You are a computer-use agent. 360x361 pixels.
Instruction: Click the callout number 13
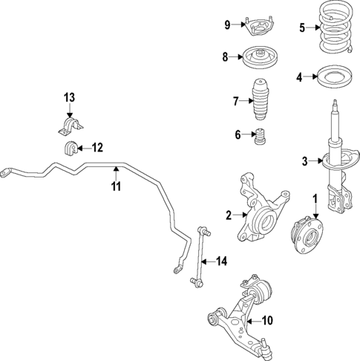click(x=69, y=98)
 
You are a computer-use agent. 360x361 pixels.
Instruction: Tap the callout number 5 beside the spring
click(x=302, y=28)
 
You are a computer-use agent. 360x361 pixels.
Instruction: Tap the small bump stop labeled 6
click(x=261, y=138)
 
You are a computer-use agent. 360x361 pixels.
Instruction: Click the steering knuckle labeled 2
click(x=261, y=211)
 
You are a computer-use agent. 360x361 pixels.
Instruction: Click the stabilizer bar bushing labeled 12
click(x=70, y=146)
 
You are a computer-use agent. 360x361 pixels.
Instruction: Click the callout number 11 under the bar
click(x=116, y=186)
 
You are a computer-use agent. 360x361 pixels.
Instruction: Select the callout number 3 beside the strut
click(x=304, y=161)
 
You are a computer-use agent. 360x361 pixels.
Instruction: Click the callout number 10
click(x=267, y=321)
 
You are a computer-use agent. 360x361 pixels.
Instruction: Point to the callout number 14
click(x=220, y=261)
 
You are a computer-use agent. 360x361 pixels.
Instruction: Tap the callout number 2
click(x=229, y=216)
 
